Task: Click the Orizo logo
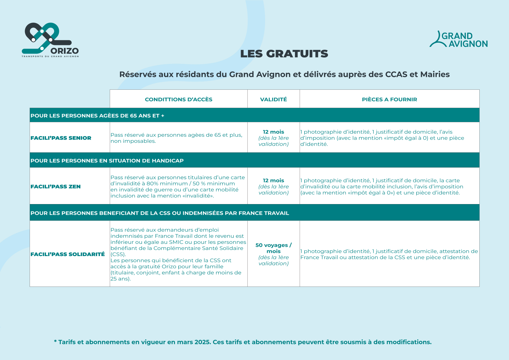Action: (50, 40)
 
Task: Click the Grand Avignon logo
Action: (458, 40)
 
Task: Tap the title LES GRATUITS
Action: (284, 54)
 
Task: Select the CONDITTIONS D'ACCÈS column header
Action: (179, 99)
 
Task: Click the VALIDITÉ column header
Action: (274, 99)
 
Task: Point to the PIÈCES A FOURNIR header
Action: (389, 99)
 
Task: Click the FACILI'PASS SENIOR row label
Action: (61, 138)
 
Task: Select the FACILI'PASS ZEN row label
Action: (55, 186)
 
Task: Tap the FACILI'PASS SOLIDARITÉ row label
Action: (68, 254)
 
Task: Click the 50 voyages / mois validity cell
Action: (274, 248)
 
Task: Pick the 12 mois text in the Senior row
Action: (274, 132)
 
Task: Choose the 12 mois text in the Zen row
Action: (274, 180)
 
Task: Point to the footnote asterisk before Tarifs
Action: (55, 342)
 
